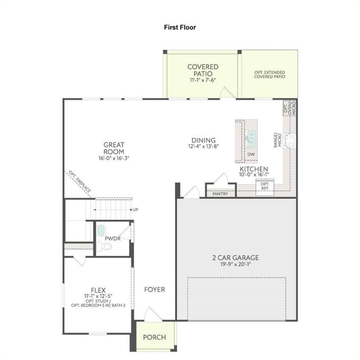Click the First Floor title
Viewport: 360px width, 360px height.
[x=180, y=27]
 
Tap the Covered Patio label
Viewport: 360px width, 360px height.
[x=202, y=70]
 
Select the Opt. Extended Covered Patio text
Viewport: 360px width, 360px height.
[x=270, y=74]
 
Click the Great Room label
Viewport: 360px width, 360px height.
[x=114, y=148]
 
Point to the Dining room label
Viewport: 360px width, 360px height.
[x=203, y=140]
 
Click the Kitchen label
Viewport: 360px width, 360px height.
[x=254, y=169]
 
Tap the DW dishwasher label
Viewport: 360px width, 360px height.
[x=251, y=154]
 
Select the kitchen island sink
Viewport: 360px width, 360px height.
[x=251, y=139]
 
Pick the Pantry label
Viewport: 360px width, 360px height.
[x=220, y=193]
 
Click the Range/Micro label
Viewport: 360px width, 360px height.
[x=277, y=140]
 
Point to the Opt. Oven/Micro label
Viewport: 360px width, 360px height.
[x=290, y=108]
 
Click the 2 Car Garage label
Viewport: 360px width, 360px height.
[x=235, y=257]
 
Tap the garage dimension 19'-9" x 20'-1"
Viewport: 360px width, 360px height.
[x=235, y=264]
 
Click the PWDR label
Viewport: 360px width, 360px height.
[x=112, y=238]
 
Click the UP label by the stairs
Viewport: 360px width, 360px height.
[x=135, y=209]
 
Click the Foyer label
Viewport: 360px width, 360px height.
[x=154, y=290]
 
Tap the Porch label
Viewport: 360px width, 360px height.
[x=154, y=337]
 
